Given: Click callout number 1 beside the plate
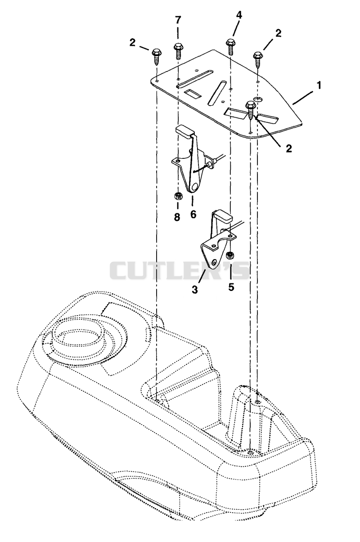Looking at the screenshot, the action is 319,85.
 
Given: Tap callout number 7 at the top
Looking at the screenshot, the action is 178,20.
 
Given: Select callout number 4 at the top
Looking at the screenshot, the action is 238,15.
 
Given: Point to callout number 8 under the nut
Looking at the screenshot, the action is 177,216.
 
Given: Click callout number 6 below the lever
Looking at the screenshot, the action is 193,214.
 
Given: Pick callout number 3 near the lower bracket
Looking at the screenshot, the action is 195,289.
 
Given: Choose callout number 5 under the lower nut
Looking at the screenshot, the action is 231,287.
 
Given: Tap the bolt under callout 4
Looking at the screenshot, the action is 230,47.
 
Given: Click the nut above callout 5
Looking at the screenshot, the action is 229,255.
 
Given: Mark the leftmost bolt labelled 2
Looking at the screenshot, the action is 157,56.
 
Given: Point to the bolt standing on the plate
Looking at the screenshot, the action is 251,110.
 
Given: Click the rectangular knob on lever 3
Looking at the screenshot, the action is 222,216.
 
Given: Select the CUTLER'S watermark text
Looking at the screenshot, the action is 180,270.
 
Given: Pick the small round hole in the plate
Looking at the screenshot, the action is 258,99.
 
